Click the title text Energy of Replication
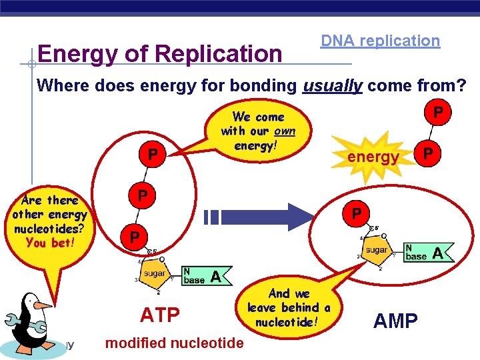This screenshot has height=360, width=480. point(160,53)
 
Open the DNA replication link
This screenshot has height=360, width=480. point(380,41)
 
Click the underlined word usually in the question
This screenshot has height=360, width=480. point(332,85)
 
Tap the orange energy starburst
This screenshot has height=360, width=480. point(373,157)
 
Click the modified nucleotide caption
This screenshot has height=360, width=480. point(175,343)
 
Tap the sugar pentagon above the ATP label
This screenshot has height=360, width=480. point(155,273)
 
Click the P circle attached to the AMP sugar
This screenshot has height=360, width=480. point(357,213)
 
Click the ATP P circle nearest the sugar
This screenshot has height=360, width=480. point(135,237)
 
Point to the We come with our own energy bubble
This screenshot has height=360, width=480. point(258,131)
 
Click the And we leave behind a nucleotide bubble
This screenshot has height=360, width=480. point(289,307)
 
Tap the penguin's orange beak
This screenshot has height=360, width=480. point(42,305)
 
